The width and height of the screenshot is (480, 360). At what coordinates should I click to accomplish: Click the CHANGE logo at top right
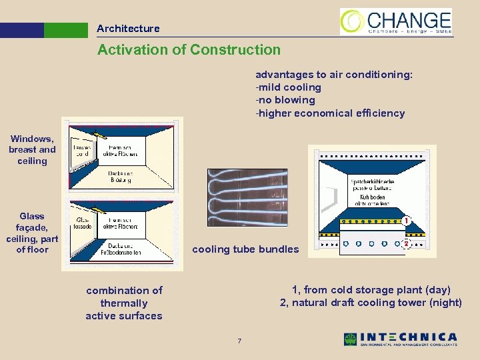[396, 21]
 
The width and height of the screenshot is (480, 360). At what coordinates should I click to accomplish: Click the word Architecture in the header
[128, 29]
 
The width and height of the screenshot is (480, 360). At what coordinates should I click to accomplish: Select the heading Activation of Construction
[189, 50]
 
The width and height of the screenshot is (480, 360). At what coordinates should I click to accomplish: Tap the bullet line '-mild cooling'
[288, 87]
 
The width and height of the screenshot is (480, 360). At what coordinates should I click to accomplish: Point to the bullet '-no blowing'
[285, 100]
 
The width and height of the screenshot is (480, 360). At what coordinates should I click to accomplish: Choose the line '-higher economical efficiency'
[330, 113]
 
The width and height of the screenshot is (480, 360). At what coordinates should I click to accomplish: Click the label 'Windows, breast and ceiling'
[32, 149]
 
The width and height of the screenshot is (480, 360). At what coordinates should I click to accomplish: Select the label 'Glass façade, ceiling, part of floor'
[32, 233]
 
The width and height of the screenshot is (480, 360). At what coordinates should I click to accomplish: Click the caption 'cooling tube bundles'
[245, 250]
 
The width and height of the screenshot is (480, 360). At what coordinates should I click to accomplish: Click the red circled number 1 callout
[407, 221]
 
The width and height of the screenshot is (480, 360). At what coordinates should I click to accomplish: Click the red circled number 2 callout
[407, 244]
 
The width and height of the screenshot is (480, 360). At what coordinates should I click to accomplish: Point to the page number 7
[239, 342]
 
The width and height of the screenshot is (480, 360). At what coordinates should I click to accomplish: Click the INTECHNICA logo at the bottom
[401, 339]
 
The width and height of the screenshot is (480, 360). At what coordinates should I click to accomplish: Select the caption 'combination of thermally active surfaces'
[124, 303]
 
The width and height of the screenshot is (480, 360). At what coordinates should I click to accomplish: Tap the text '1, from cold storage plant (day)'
[371, 289]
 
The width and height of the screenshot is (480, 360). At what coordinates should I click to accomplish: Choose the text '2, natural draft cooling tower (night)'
[371, 303]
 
